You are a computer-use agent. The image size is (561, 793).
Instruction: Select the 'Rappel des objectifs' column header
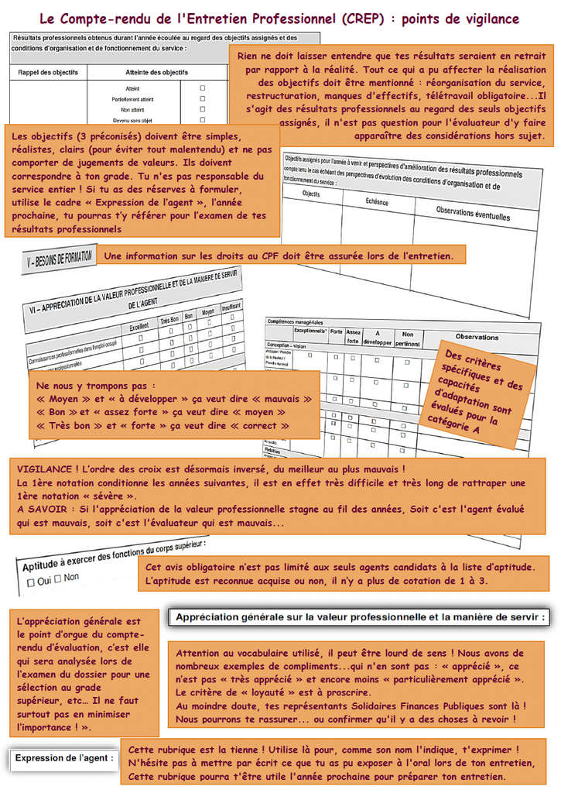48,72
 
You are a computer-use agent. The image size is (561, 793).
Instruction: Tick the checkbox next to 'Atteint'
203,88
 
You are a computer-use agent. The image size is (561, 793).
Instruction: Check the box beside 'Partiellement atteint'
203,99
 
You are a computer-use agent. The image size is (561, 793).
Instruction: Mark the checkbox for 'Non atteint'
203,110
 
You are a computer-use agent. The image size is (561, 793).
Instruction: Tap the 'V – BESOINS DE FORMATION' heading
58,260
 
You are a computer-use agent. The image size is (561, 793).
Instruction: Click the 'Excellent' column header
139,327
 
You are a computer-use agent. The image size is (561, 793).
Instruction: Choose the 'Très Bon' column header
169,320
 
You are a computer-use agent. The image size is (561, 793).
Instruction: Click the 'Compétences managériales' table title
295,321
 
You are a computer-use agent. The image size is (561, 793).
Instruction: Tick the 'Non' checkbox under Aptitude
58,578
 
